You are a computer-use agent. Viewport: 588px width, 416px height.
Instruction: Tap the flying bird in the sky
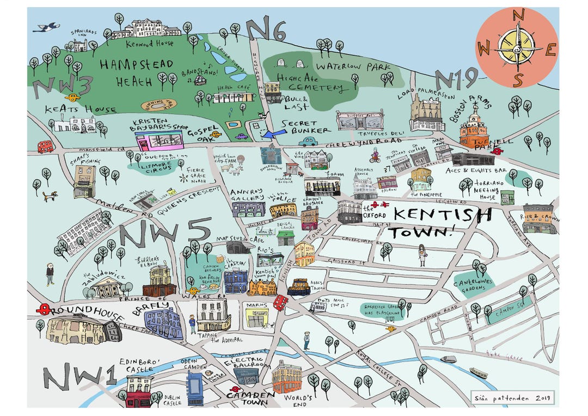[x=46, y=27]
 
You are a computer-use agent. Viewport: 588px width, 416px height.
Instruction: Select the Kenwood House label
[x=149, y=43]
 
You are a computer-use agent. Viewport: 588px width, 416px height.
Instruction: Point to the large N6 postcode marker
[x=265, y=30]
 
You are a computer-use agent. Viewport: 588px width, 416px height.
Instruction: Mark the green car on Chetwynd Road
[x=308, y=142]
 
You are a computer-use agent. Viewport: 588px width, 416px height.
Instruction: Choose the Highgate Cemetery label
[x=309, y=82]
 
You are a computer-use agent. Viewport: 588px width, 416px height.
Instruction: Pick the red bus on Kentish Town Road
[x=280, y=302]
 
